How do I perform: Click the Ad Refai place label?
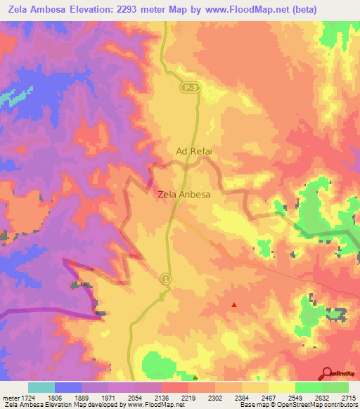[194, 150]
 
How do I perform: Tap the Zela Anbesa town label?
[184, 195]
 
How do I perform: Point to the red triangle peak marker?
[234, 304]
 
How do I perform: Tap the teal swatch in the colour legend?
[41, 387]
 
